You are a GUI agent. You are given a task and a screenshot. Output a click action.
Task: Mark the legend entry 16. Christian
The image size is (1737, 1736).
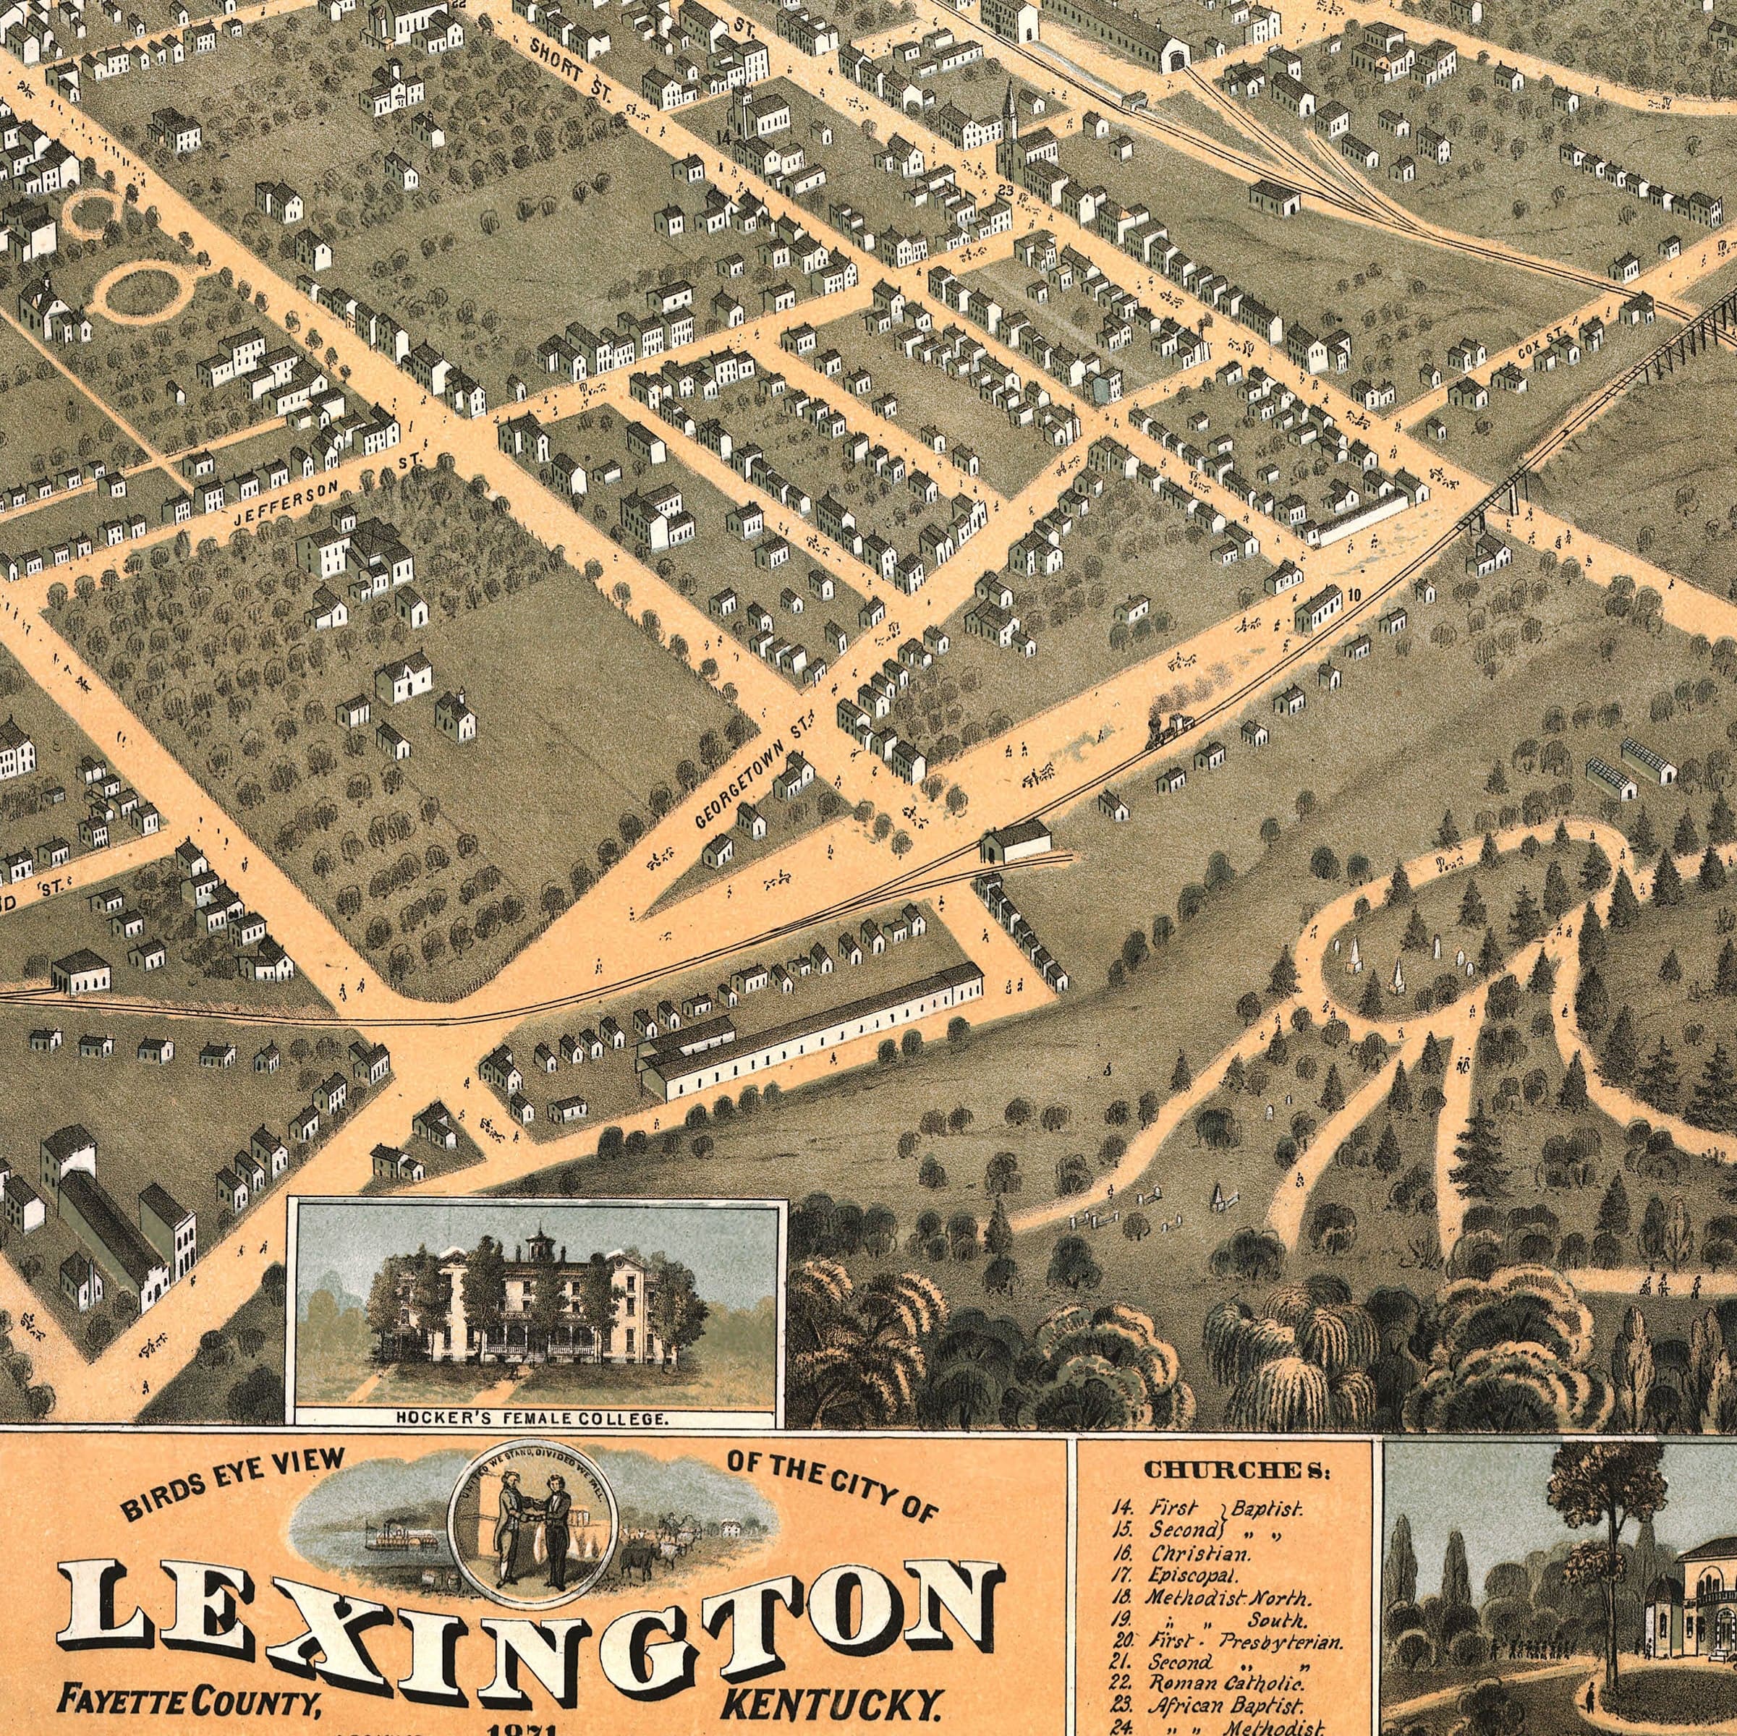coord(1192,1552)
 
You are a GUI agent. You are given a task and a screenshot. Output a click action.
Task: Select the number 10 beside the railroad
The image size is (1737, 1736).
coord(1355,593)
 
